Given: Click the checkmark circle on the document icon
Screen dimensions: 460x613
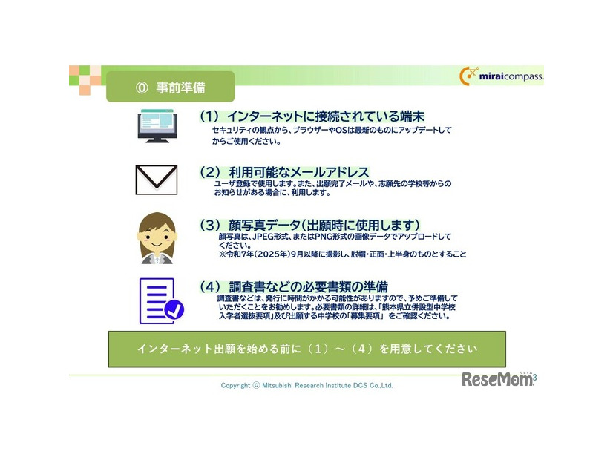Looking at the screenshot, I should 174,310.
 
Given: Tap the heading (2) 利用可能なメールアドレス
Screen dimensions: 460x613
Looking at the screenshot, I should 283,171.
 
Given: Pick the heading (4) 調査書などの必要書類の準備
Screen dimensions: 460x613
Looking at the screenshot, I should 293,286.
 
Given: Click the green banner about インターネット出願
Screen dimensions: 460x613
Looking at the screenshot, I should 306,349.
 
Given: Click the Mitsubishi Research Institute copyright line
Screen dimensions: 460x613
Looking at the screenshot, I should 306,385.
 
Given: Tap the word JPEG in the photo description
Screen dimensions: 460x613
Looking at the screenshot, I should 265,236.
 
